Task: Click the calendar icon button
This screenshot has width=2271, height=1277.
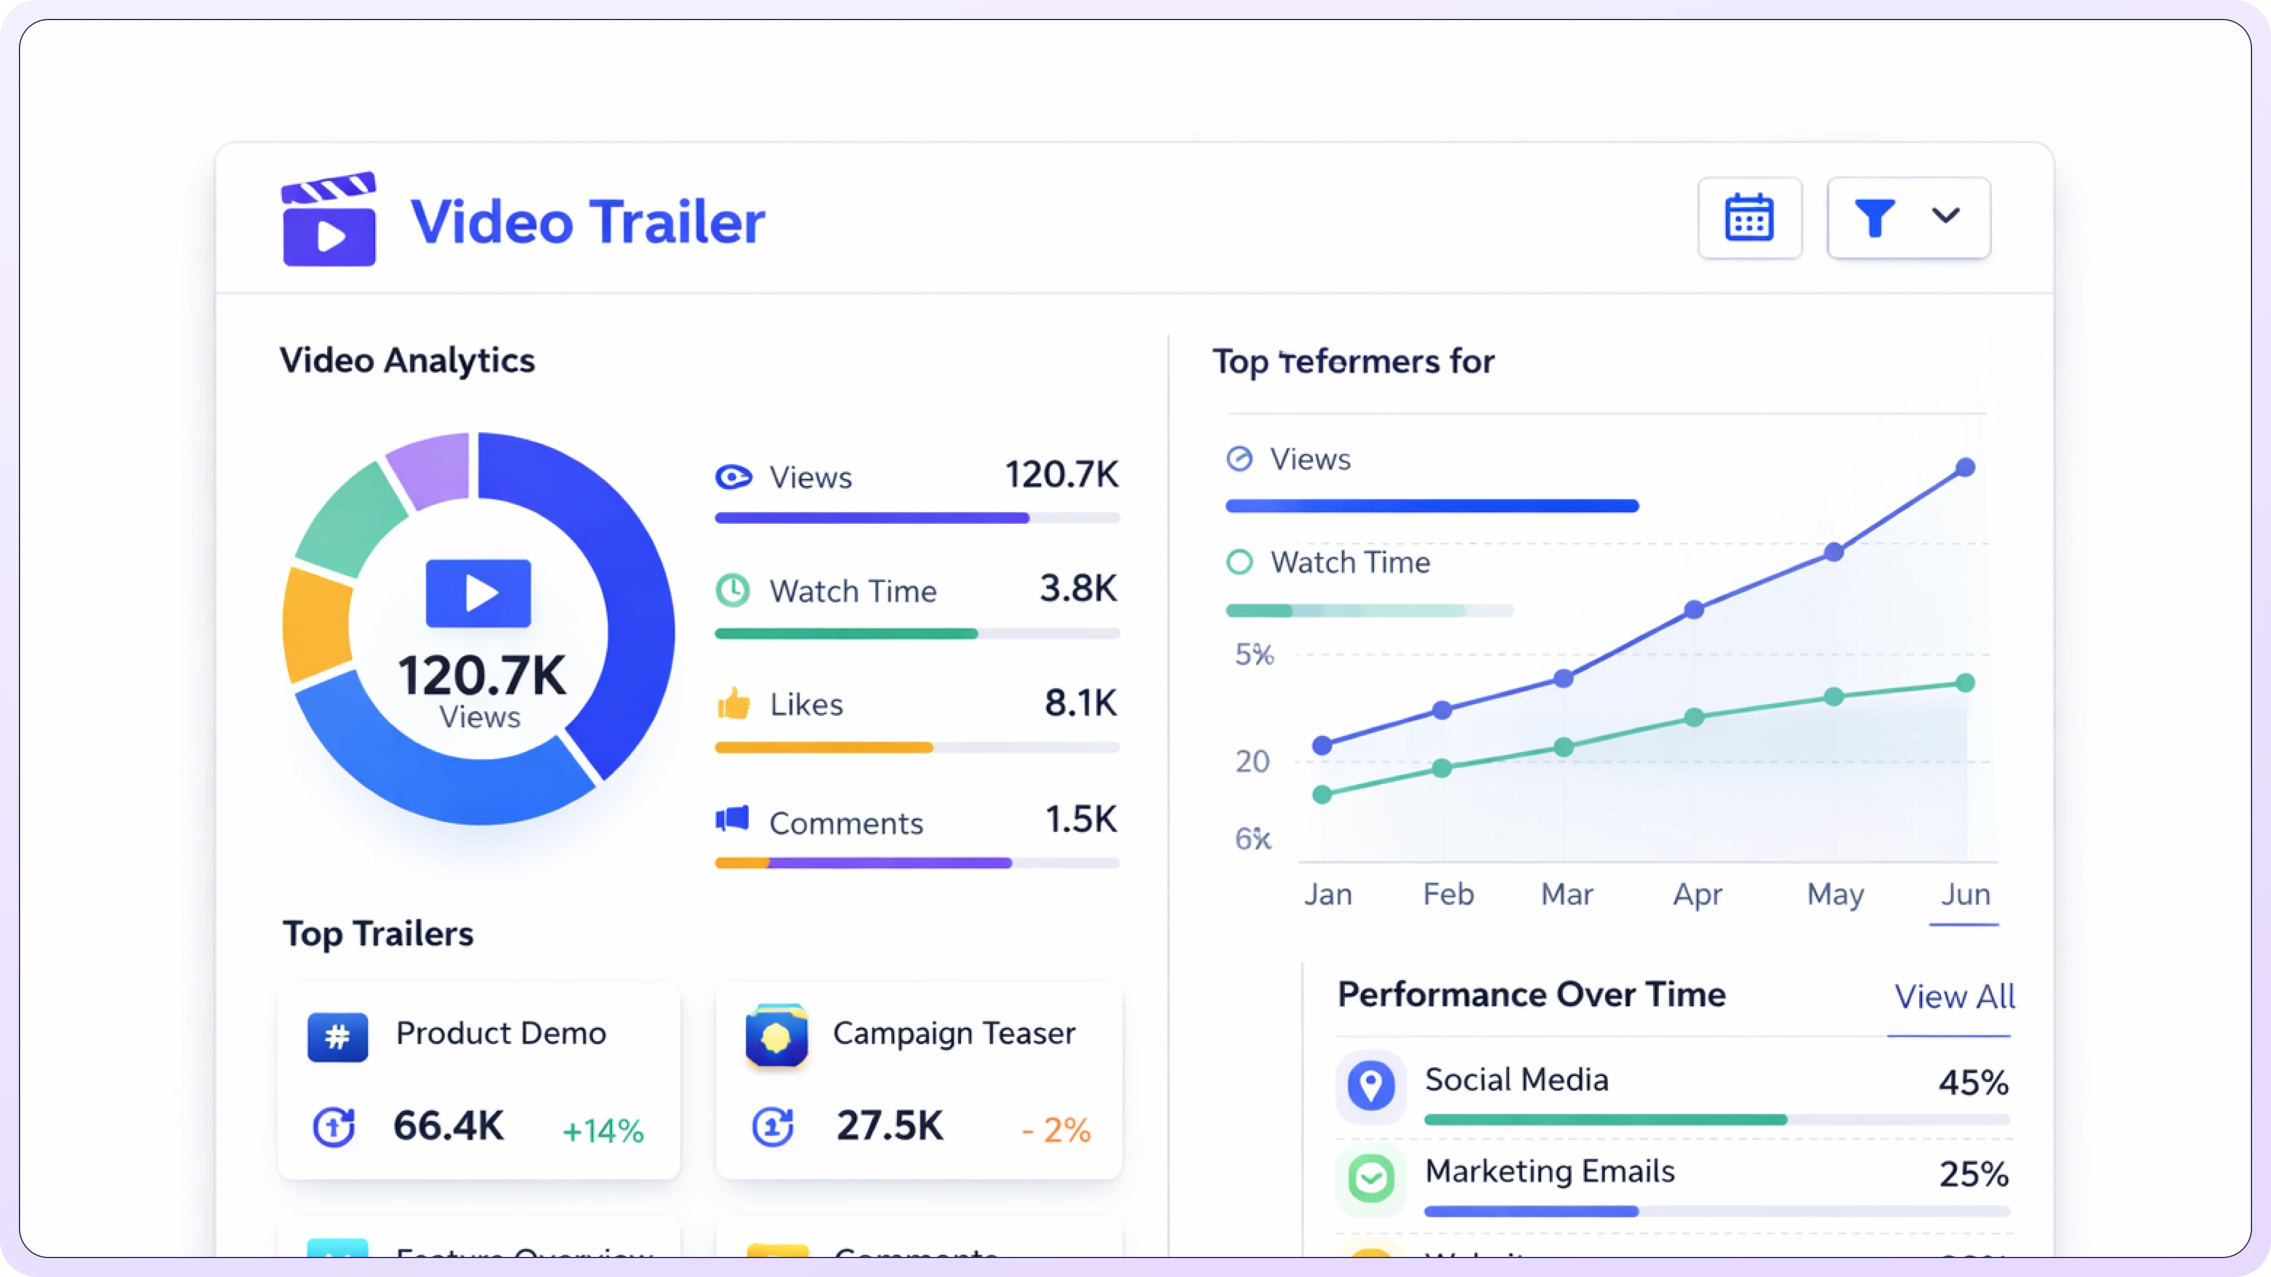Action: click(x=1749, y=218)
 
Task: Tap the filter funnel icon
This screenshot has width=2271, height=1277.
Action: click(x=1874, y=218)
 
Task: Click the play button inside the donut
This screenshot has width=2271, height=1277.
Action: click(x=478, y=593)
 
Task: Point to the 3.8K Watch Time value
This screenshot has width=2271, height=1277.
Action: click(x=1078, y=588)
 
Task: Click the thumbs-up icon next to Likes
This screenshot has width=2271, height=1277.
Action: click(x=733, y=704)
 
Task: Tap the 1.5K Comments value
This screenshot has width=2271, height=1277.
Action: click(x=1080, y=819)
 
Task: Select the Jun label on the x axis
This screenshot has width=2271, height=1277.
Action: click(x=1965, y=894)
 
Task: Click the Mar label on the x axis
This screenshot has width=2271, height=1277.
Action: click(x=1567, y=894)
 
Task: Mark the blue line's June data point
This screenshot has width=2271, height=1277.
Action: click(x=1965, y=467)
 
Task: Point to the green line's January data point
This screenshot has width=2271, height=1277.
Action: click(x=1322, y=794)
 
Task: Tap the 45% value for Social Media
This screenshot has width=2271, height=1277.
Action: click(x=1973, y=1082)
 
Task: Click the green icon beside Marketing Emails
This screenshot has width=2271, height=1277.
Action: click(x=1371, y=1178)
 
